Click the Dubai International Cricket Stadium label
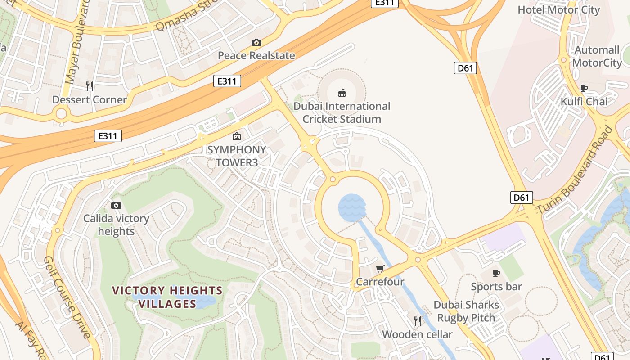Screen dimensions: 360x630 coord(342,112)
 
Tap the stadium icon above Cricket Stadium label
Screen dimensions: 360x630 coord(342,93)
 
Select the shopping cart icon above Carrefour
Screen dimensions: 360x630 coord(380,269)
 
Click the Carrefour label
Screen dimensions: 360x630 coord(380,282)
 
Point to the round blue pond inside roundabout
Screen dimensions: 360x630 coord(352,208)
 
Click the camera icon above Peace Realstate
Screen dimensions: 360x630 coord(256,43)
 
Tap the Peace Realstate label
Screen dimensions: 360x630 coord(256,55)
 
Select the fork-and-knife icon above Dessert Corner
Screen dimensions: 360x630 coord(90,86)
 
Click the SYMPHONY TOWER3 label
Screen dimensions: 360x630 coord(237,156)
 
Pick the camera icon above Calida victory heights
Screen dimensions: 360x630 coord(116,206)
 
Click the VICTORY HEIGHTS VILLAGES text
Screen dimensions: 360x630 coord(167,297)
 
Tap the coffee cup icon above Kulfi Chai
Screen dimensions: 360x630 coord(584,88)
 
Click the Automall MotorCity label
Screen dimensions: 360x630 coord(597,56)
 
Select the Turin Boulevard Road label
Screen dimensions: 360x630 coord(575,170)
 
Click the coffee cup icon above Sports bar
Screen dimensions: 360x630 coord(496,273)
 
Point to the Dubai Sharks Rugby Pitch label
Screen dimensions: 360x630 coord(466,311)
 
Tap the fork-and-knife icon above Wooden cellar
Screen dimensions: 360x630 coord(418,321)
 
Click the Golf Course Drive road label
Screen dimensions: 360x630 coord(67,297)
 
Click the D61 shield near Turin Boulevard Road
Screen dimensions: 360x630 coord(522,198)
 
